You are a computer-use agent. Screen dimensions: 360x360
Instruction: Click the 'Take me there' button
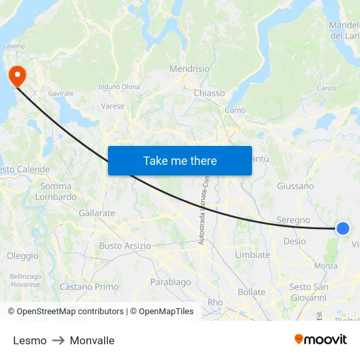tap(180, 160)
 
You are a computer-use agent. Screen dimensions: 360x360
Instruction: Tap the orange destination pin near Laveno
tap(16, 76)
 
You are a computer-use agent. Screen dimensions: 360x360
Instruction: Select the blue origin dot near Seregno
tap(343, 228)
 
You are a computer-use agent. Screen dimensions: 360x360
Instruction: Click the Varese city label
tap(113, 106)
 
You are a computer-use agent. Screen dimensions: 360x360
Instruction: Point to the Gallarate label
tap(96, 213)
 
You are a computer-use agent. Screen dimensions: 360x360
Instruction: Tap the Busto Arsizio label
tap(125, 245)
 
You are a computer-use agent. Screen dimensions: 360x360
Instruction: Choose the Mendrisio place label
tap(189, 69)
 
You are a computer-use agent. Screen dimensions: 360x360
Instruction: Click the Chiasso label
tap(209, 93)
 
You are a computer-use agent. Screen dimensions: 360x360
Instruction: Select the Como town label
tap(234, 111)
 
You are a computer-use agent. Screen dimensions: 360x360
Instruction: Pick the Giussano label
tap(295, 186)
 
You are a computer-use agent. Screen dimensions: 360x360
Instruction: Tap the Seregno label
tap(293, 220)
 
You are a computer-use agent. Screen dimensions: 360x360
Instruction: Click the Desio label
tap(294, 241)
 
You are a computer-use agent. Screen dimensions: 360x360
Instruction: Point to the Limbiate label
tap(252, 255)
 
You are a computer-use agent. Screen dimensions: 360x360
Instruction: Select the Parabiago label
tap(170, 282)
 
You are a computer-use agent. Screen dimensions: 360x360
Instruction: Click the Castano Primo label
tap(89, 287)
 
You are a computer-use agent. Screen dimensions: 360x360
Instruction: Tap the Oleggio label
tap(22, 256)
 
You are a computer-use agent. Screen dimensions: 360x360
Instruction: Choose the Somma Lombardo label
tap(56, 191)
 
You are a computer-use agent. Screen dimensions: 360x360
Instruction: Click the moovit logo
tap(321, 340)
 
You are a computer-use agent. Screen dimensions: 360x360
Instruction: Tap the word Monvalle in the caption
tap(92, 340)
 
